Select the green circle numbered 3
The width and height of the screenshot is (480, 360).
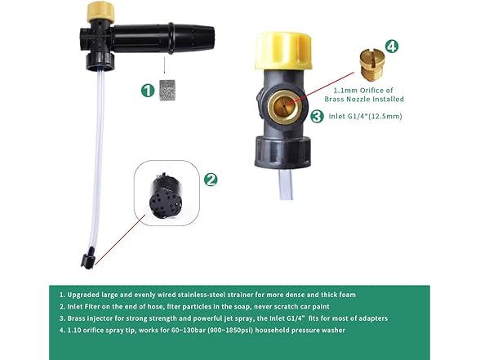pos(316,118)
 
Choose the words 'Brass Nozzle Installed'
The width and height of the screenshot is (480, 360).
pos(365,99)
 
